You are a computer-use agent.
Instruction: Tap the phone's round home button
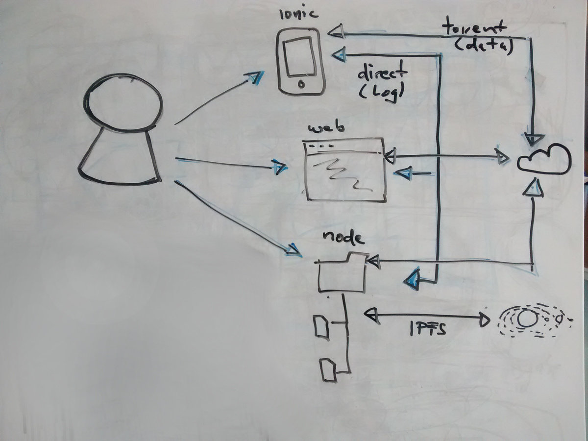301,84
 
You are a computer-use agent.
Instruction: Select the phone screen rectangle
299,57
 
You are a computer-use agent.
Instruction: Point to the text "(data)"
483,47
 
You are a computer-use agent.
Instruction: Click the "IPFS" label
428,330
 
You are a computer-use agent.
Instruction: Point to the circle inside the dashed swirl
526,319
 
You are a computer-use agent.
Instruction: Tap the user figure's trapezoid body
120,157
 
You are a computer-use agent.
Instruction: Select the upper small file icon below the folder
321,326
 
